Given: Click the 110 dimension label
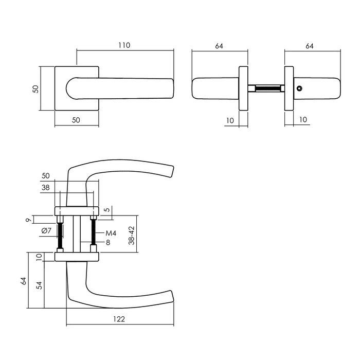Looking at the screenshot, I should pos(124,45).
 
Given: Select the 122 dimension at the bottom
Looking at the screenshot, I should pos(119,319).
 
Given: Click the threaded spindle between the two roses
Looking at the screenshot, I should pos(267,89).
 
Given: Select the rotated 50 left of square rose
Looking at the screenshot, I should pos(35,88).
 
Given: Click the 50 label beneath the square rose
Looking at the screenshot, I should pos(76,120).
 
